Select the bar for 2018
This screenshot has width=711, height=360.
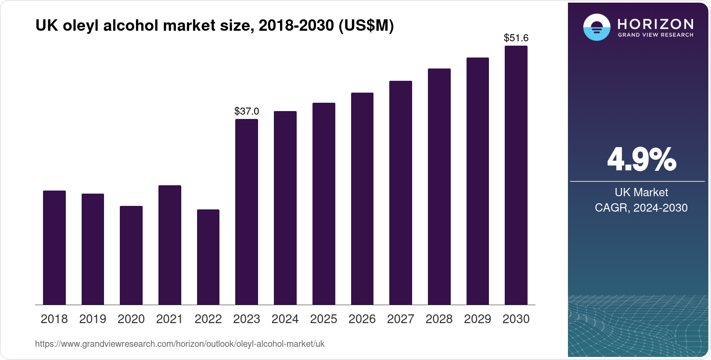(54, 248)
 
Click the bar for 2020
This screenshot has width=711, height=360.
(131, 255)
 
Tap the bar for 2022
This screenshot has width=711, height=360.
(208, 257)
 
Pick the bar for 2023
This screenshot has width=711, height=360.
(247, 212)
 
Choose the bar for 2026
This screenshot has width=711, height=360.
(362, 198)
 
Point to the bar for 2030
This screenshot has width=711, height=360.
(516, 175)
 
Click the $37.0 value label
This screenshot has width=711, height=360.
(247, 111)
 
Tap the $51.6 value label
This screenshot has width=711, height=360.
(516, 38)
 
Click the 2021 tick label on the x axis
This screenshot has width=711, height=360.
(169, 319)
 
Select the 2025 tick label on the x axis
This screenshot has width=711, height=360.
(323, 319)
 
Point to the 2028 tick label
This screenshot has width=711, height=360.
(439, 319)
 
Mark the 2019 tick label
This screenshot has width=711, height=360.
(93, 319)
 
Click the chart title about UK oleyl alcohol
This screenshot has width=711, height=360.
(215, 26)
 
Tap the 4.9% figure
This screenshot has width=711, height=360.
(641, 160)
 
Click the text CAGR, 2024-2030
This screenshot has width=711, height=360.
(641, 208)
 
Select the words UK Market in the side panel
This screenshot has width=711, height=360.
(641, 192)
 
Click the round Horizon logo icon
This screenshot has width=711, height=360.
(596, 27)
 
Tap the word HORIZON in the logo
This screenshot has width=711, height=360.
(655, 24)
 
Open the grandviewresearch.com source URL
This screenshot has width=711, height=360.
(180, 344)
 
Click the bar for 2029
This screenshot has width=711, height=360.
(478, 181)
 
